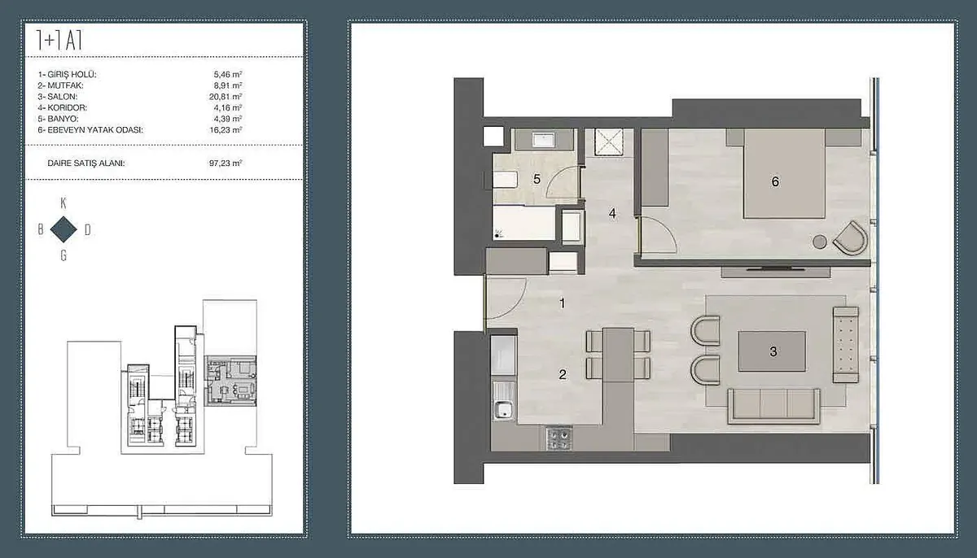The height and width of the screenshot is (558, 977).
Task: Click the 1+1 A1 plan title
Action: (59, 41)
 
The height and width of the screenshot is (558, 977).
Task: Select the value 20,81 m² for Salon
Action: (226, 97)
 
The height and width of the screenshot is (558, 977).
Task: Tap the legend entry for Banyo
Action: (58, 119)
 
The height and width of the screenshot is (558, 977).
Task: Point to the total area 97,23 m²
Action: (226, 163)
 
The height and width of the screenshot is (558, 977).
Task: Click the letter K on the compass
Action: (64, 203)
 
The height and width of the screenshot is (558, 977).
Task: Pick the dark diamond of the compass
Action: (64, 229)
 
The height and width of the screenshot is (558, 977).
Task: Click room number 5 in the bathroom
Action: (537, 179)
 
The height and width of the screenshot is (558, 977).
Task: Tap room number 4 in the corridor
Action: (612, 213)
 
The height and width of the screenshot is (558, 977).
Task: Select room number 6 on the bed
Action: (775, 181)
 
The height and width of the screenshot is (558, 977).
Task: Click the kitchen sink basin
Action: (504, 409)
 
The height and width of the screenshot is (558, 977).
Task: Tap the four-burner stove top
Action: (559, 439)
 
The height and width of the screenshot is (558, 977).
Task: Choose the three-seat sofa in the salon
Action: (773, 407)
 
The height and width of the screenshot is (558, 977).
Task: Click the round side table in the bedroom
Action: (820, 242)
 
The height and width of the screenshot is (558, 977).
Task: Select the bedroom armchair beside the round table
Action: (851, 238)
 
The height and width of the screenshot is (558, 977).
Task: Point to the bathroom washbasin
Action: (544, 140)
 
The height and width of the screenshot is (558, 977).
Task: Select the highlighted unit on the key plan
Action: (230, 381)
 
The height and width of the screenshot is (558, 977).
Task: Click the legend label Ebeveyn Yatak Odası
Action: (90, 130)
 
